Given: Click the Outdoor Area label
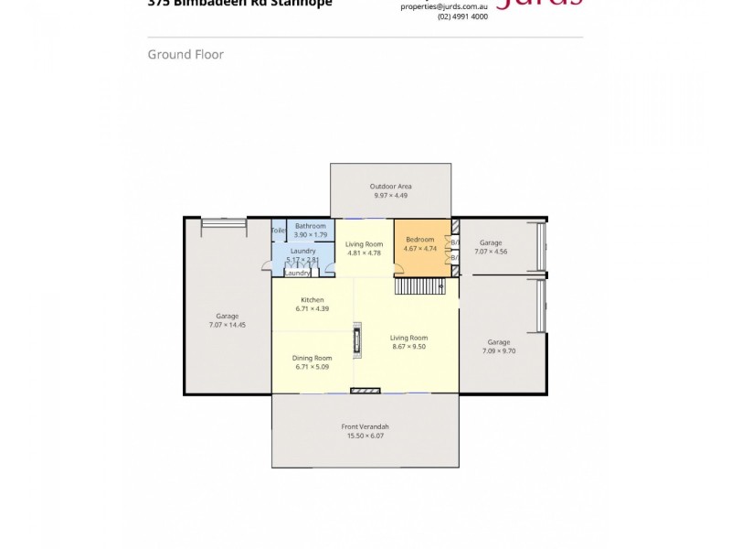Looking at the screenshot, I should point(391,187).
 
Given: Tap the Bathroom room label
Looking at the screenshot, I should point(310,226).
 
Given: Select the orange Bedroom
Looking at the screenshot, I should point(421,247).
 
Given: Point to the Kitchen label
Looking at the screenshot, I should point(313,300).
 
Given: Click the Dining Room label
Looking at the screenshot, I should point(312,358).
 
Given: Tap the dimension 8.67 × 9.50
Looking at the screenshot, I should point(408,347).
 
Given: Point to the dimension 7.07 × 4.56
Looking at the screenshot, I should point(491,251).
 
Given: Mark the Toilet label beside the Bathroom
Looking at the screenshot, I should point(279,231).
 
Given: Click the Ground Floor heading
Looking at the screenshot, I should point(185,55).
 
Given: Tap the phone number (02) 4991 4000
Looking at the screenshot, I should point(462,16).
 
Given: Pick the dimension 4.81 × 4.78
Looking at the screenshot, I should point(364,253).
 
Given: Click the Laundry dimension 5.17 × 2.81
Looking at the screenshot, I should point(302,260).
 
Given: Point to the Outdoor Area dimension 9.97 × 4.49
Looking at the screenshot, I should point(391,196).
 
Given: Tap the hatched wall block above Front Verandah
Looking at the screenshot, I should point(365,391).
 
